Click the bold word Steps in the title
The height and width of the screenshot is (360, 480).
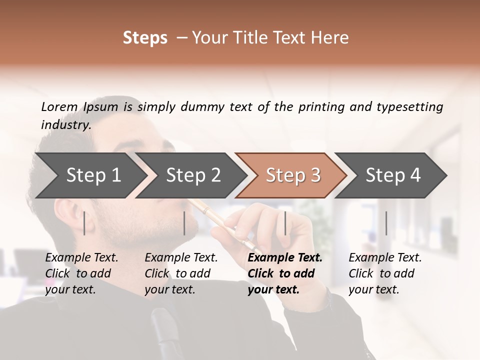point(145,38)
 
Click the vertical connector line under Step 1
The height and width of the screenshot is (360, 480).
point(84,223)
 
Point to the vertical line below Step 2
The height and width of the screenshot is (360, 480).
point(184,223)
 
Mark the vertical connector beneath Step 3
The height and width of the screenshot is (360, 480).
point(285,223)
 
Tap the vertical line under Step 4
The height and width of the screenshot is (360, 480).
point(386,223)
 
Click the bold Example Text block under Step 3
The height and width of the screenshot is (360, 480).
point(284,273)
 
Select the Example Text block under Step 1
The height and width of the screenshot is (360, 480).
point(82,273)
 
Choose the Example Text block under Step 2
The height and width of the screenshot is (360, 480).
point(181,273)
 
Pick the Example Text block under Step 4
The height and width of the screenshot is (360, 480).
point(384,273)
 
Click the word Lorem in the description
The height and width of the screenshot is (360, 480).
point(59,107)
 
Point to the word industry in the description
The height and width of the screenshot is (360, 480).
point(65,125)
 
